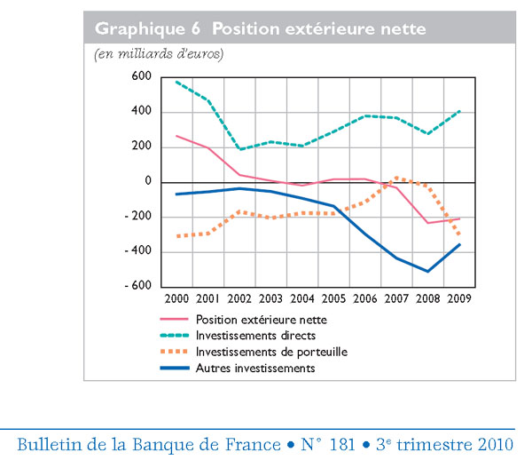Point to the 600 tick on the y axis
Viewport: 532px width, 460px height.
(143, 77)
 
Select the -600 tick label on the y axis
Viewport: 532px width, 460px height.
(138, 286)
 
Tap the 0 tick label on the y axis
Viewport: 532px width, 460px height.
(148, 182)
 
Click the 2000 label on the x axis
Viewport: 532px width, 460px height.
(176, 299)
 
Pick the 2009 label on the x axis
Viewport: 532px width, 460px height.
(459, 299)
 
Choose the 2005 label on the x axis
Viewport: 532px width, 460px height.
(334, 299)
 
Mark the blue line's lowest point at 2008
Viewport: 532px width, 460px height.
(428, 271)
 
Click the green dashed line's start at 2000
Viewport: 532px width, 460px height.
(176, 82)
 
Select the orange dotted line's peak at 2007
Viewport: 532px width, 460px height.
(396, 177)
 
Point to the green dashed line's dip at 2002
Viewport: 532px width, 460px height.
(239, 148)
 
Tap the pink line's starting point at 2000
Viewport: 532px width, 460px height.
(176, 136)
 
